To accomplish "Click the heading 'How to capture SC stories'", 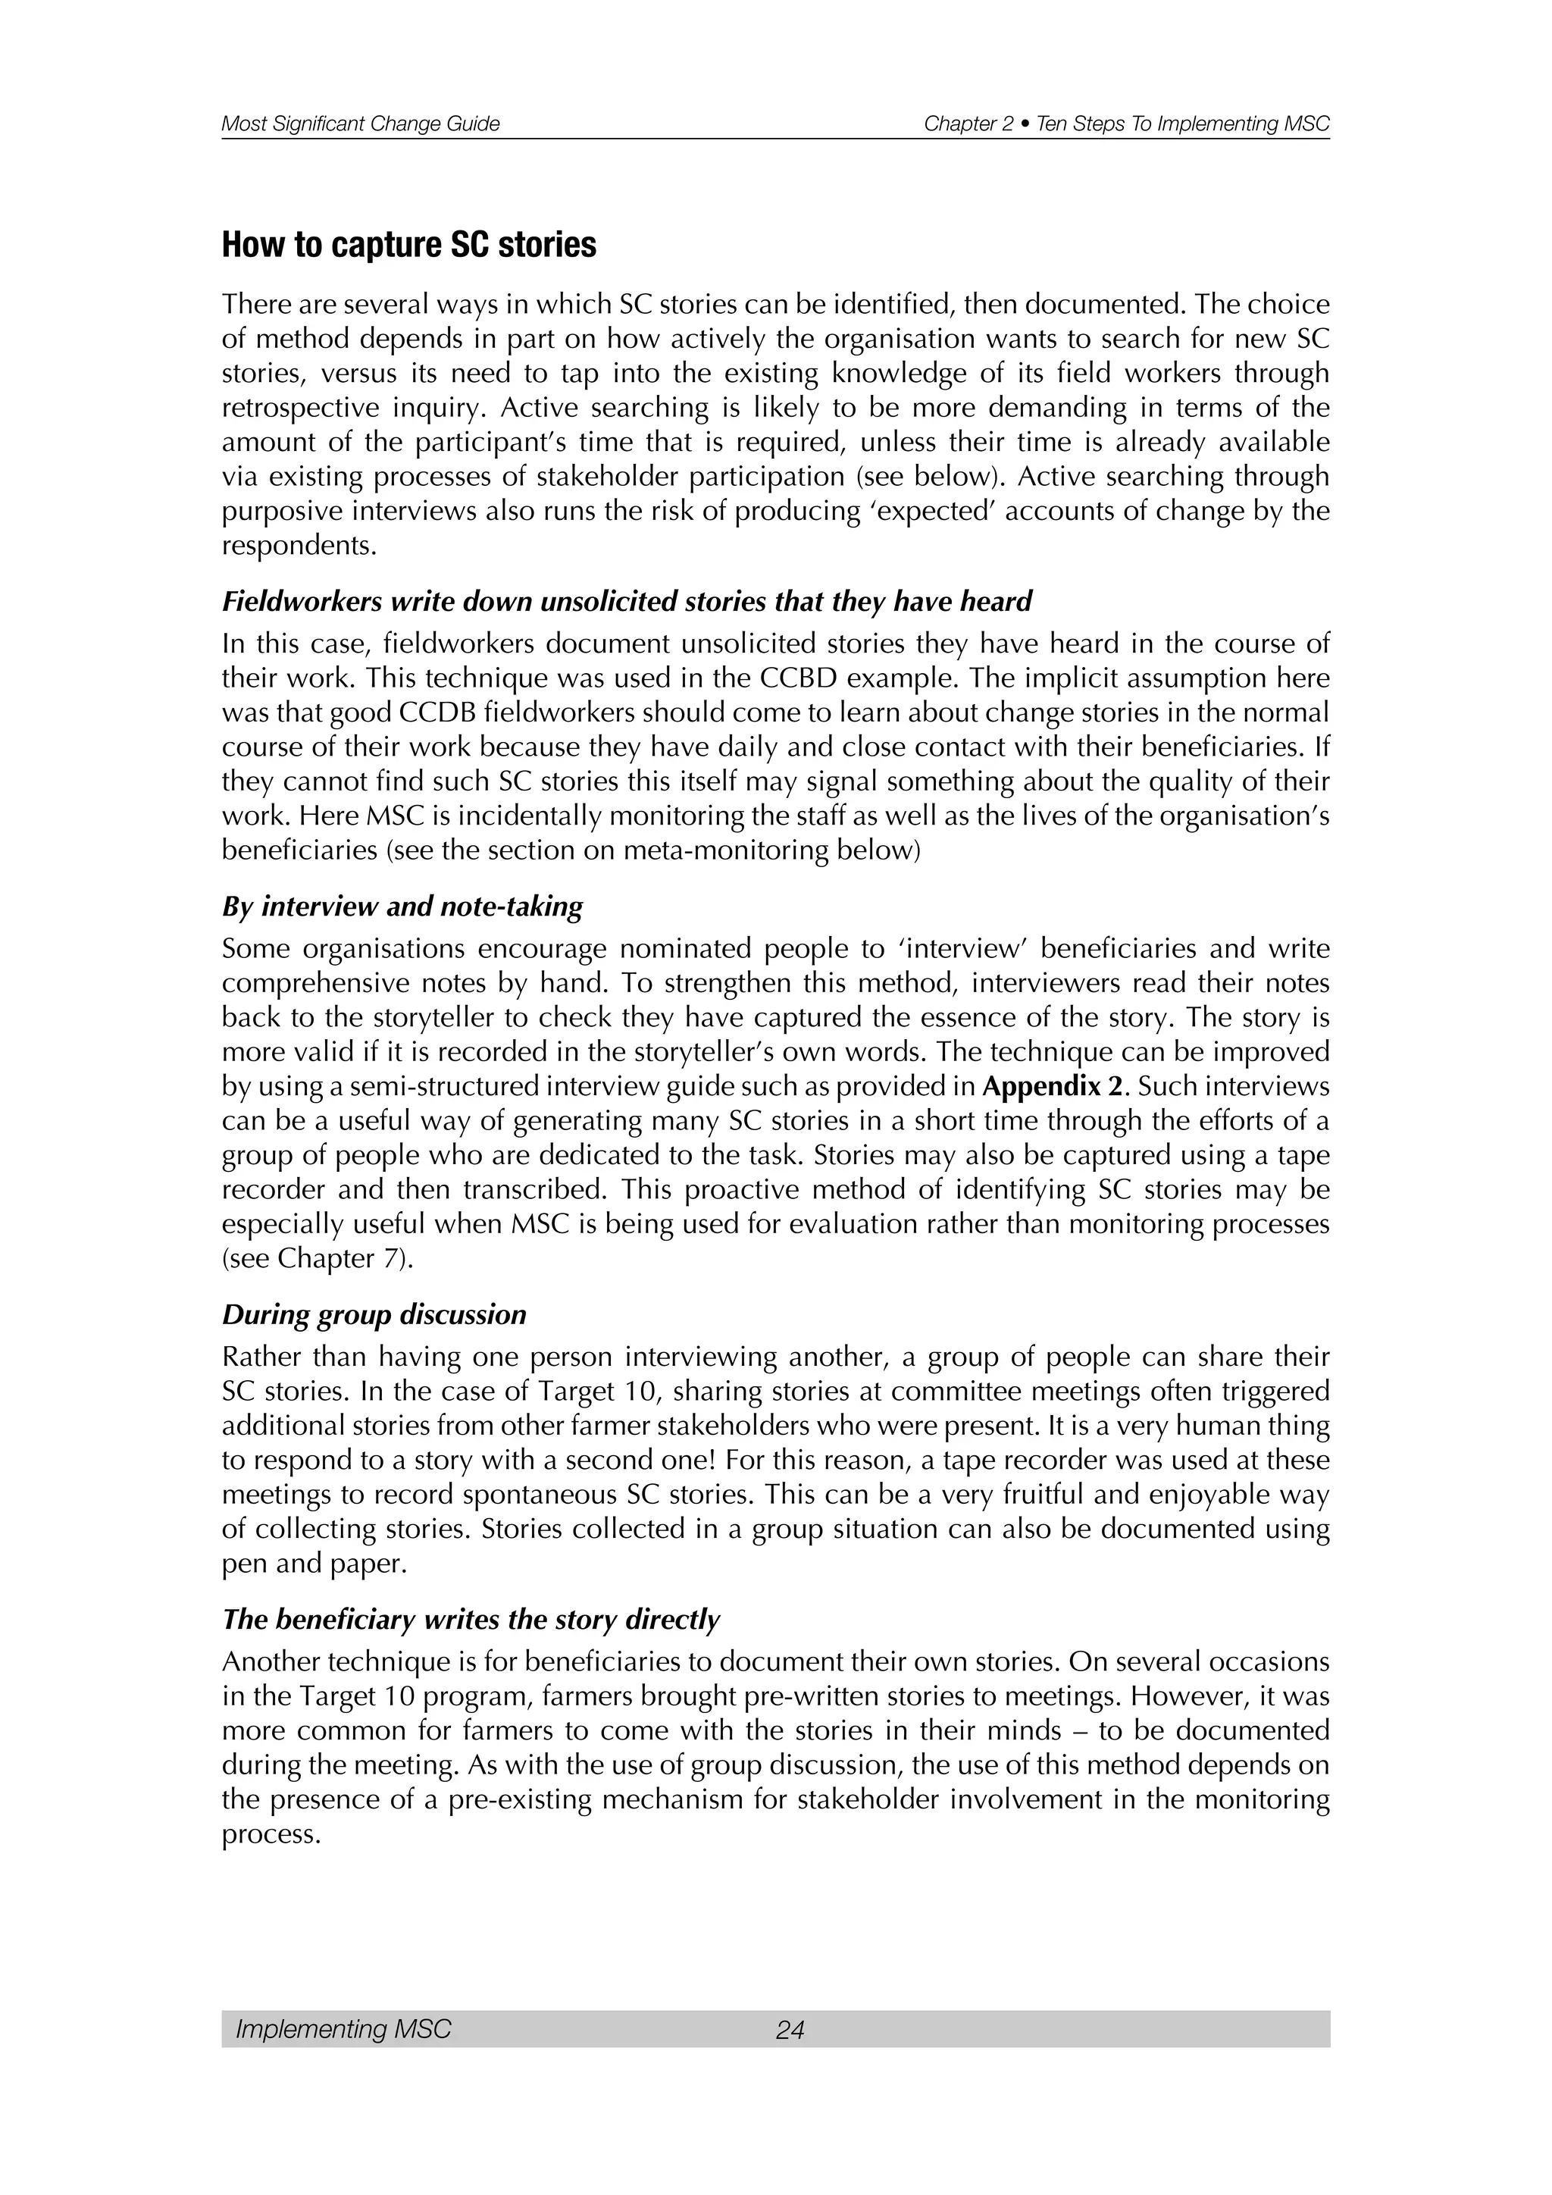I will [x=409, y=246].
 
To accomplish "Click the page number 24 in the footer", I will [x=790, y=2030].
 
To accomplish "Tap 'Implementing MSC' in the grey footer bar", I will [x=343, y=2030].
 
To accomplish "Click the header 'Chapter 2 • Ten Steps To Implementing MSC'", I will [x=1127, y=124].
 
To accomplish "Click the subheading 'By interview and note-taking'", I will [x=402, y=906].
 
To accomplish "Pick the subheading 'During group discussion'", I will [x=374, y=1314].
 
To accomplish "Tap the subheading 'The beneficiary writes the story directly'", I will [x=470, y=1620].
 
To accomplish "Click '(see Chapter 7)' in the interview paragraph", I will [x=318, y=1259].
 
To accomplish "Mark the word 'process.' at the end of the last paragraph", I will [x=271, y=1834].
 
